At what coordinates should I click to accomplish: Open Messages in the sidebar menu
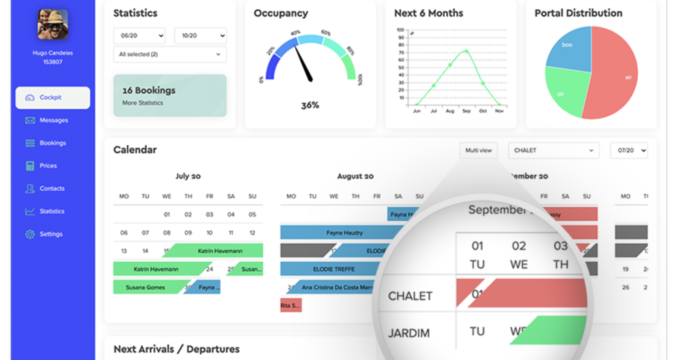[x=53, y=120]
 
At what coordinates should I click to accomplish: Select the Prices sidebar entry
[x=48, y=166]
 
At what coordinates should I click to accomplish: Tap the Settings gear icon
[x=30, y=234]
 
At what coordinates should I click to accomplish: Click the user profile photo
[x=53, y=24]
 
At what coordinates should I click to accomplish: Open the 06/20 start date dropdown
[x=139, y=35]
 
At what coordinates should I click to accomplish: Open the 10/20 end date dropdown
[x=200, y=35]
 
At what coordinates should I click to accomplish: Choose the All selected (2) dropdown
[x=170, y=54]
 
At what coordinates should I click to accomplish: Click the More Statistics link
[x=143, y=103]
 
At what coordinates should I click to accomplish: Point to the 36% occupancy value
[x=310, y=106]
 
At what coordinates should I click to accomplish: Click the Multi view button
[x=478, y=150]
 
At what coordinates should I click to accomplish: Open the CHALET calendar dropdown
[x=553, y=150]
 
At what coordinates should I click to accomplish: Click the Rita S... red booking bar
[x=291, y=306]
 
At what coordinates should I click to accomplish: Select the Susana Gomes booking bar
[x=146, y=287]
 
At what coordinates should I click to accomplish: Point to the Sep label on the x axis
[x=466, y=111]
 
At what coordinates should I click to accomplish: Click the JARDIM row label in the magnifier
[x=409, y=333]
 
